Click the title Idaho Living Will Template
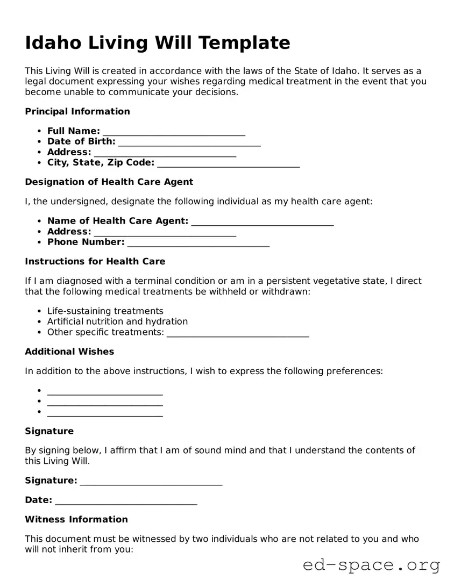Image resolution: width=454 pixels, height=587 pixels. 158,42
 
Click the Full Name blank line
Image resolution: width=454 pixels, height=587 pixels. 174,133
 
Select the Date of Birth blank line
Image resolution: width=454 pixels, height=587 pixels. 189,144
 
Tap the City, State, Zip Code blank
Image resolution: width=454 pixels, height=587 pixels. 228,164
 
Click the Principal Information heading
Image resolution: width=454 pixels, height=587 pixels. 77,111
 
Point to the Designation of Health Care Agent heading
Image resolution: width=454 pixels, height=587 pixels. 109,182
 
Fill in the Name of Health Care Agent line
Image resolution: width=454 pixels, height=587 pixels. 262,223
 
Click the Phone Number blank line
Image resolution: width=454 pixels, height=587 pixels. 198,244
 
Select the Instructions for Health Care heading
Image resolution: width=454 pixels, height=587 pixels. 95,261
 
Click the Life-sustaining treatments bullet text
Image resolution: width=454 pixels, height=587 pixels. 105,311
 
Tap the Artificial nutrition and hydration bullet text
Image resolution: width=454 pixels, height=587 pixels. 117,321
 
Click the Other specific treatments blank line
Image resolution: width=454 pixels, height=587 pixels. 238,334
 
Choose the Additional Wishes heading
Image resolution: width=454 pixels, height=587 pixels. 69,352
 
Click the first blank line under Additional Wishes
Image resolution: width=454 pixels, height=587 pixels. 105,393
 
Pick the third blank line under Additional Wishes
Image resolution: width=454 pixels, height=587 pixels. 105,414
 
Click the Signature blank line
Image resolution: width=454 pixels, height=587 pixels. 151,483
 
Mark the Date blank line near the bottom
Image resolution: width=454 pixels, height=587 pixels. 126,502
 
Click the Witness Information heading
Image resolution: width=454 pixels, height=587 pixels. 76,519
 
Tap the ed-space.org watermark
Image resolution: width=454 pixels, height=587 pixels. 371,565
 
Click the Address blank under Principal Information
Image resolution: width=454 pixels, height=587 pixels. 165,154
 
